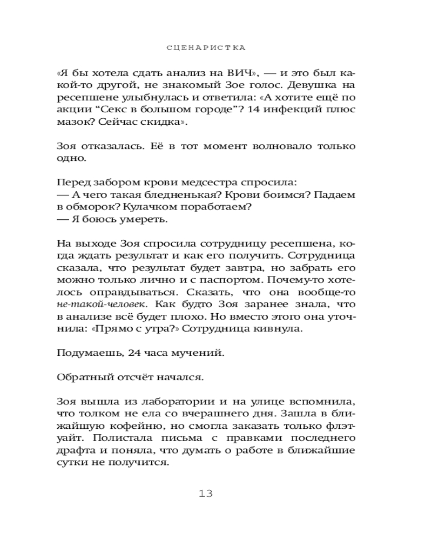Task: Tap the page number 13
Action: click(206, 493)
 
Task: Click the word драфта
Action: click(73, 451)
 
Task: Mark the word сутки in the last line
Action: click(71, 463)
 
